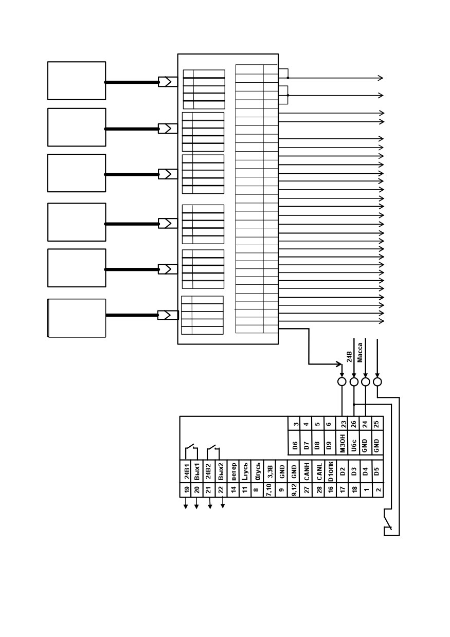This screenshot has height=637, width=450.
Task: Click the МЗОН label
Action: (342, 443)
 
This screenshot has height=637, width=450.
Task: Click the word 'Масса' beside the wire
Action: (360, 352)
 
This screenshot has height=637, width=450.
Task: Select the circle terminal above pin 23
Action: (341, 381)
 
